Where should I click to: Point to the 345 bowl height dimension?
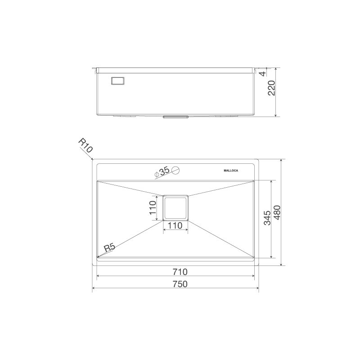pyautogui.click(x=267, y=218)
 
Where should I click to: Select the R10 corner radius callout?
pyautogui.click(x=85, y=146)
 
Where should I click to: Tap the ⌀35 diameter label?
pyautogui.click(x=162, y=171)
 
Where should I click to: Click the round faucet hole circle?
pyautogui.click(x=176, y=170)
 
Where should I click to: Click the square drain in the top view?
pyautogui.click(x=175, y=207)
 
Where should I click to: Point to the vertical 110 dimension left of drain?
pyautogui.click(x=153, y=207)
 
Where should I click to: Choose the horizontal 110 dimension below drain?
pyautogui.click(x=175, y=225)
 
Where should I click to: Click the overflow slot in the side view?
pyautogui.click(x=118, y=81)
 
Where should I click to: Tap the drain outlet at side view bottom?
pyautogui.click(x=175, y=117)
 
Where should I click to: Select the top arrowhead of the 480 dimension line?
pyautogui.click(x=282, y=160)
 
